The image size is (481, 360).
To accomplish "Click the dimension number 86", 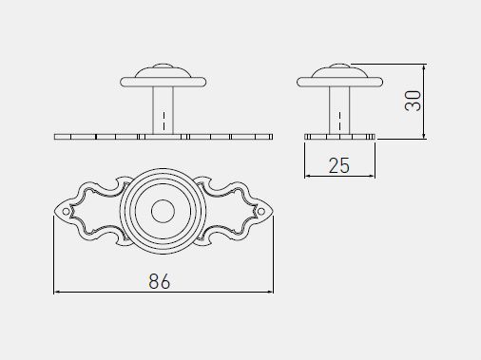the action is pos(160,281).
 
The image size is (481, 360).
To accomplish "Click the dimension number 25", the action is pos(339,165).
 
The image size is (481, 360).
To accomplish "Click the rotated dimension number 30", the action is pos(414,101).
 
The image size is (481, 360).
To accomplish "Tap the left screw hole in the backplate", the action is pos(66,211).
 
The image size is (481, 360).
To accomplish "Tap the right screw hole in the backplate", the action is pos(261,211).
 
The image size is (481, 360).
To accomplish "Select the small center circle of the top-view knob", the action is pos(163,211).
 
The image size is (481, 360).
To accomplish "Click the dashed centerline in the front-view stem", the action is pos(164,122).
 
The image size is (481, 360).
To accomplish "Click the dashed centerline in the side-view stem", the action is pos(340,122).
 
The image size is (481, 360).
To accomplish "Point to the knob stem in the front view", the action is pos(164,110).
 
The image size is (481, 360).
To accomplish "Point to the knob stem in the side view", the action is pos(339,110).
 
